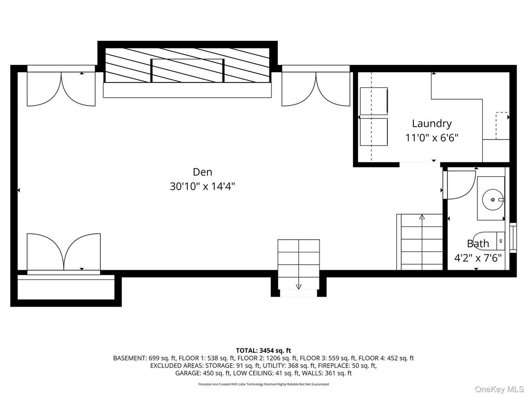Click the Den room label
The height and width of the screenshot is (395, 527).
coord(203,172)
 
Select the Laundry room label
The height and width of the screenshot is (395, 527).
coord(432,123)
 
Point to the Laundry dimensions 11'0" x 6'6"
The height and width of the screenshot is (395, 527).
coord(432,138)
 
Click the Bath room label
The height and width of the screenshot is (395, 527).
coord(478,243)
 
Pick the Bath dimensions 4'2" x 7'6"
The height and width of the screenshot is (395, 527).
coord(478,257)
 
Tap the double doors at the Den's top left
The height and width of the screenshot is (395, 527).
coord(61,88)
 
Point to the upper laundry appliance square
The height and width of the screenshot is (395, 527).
coord(374,101)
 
